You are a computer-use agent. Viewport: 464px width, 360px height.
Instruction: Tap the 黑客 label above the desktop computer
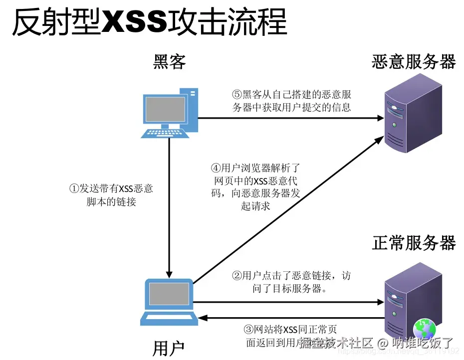(x=169, y=62)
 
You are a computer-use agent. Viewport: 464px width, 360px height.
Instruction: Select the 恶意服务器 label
(x=414, y=62)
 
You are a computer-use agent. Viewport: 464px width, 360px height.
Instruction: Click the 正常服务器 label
(x=414, y=243)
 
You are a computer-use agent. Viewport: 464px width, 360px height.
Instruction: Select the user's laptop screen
(x=169, y=294)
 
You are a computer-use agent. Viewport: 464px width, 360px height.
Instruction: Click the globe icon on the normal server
(x=424, y=330)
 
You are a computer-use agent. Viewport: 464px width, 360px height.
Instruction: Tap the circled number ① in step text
(x=74, y=189)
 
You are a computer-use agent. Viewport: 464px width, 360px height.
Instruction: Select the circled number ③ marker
(x=248, y=330)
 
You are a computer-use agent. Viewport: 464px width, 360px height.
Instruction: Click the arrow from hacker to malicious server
(x=289, y=118)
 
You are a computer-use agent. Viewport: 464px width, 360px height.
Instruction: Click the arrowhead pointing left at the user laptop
(x=202, y=317)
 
